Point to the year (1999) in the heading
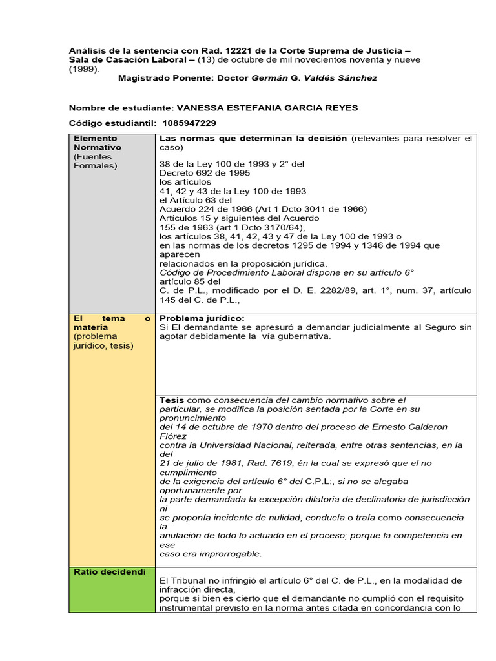click(x=83, y=68)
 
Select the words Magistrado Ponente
click(x=158, y=78)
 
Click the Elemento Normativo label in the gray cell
click(x=98, y=143)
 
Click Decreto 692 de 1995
click(x=205, y=173)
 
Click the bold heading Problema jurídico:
click(x=201, y=318)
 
